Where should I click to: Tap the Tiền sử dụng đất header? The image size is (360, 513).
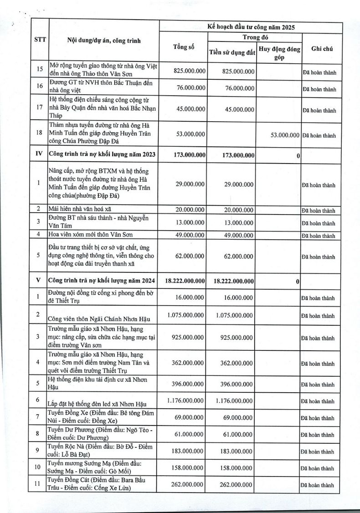(x=231, y=53)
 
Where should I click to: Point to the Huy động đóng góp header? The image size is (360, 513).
(x=279, y=53)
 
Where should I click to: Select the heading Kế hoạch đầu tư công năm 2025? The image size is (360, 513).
(x=250, y=27)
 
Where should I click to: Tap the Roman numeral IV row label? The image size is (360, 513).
(x=39, y=154)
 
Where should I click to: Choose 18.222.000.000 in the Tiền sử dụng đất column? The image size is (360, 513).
(x=234, y=281)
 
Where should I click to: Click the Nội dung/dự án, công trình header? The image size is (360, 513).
(x=104, y=41)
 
